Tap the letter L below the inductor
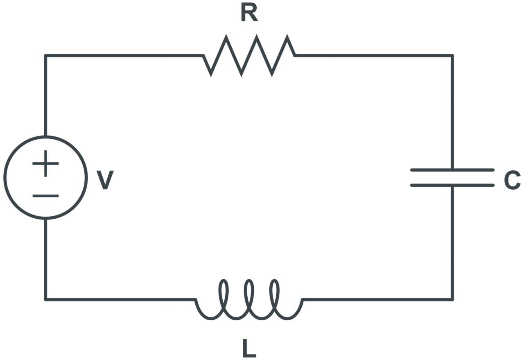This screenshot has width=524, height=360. [x=249, y=348]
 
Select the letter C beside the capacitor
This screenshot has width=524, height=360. [x=512, y=180]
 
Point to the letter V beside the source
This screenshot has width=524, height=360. [x=105, y=179]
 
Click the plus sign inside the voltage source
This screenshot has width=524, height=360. [x=45, y=163]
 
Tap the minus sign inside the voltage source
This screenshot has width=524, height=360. [x=45, y=196]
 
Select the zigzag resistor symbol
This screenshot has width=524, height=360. [x=249, y=55]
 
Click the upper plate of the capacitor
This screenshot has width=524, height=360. [x=452, y=170]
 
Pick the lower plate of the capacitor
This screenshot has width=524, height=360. [x=452, y=186]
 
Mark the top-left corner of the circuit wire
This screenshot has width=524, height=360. [x=45, y=55]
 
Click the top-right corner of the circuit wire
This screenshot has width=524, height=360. [x=452, y=55]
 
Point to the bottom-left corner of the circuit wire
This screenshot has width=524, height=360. [x=45, y=299]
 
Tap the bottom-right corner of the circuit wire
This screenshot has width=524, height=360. [x=452, y=299]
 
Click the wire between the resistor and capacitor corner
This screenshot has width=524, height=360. [x=373, y=55]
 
